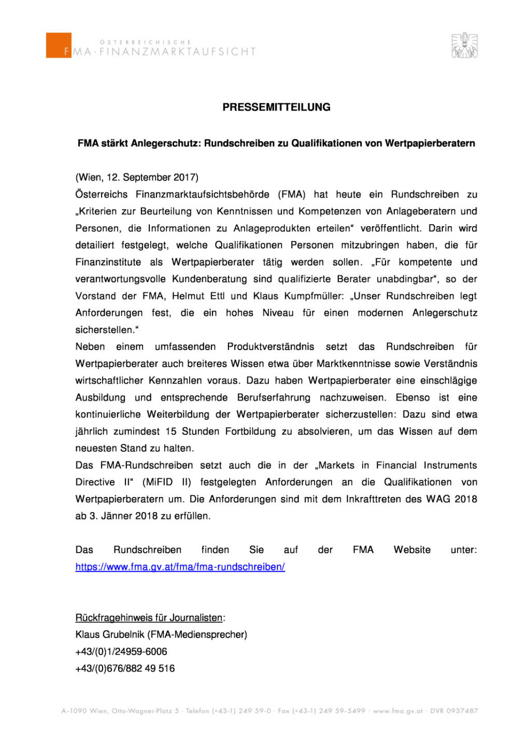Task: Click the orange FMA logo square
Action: click(59, 45)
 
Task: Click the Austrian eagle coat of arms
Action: click(464, 45)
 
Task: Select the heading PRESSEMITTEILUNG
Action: click(276, 107)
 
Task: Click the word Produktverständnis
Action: click(270, 347)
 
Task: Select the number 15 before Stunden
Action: click(170, 432)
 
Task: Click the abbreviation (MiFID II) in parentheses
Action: click(167, 482)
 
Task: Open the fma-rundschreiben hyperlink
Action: click(180, 567)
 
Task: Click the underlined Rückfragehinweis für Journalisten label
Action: click(149, 618)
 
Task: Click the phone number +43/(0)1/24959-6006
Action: click(121, 652)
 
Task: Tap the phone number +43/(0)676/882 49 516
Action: click(125, 669)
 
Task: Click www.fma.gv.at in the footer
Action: click(398, 711)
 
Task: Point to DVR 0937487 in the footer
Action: click(454, 711)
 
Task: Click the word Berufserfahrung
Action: click(274, 398)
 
